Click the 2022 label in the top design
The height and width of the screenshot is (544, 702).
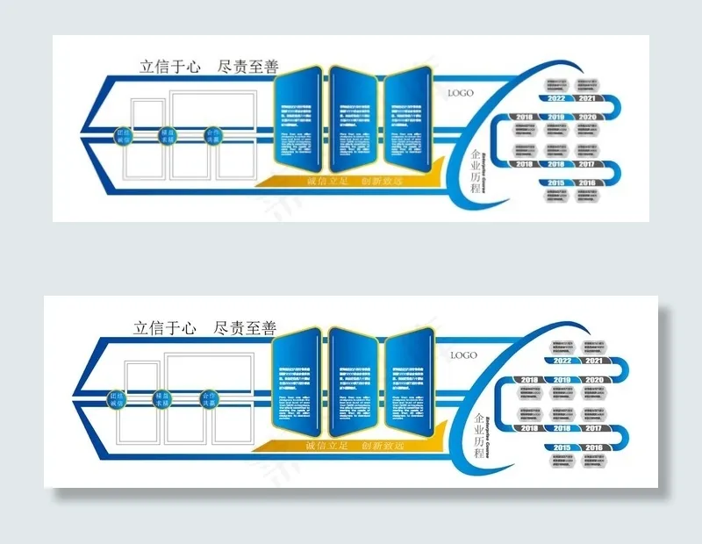pyautogui.click(x=556, y=99)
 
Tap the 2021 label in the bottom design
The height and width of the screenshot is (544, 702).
pyautogui.click(x=594, y=361)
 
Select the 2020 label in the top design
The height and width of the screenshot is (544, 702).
pyautogui.click(x=587, y=117)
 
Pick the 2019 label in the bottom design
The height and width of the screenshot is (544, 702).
pyautogui.click(x=562, y=380)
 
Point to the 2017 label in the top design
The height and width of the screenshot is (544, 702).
pyautogui.click(x=587, y=164)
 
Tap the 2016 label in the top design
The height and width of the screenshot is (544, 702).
pyautogui.click(x=587, y=183)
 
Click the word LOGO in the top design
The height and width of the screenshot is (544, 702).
pyautogui.click(x=462, y=92)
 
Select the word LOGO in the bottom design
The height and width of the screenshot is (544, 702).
pyautogui.click(x=463, y=355)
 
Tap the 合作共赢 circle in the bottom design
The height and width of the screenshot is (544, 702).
pyautogui.click(x=208, y=399)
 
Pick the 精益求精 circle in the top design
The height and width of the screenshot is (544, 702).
pyautogui.click(x=166, y=136)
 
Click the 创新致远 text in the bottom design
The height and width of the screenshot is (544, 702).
pyautogui.click(x=382, y=446)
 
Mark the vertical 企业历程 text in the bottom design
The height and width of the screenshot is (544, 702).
pyautogui.click(x=477, y=431)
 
